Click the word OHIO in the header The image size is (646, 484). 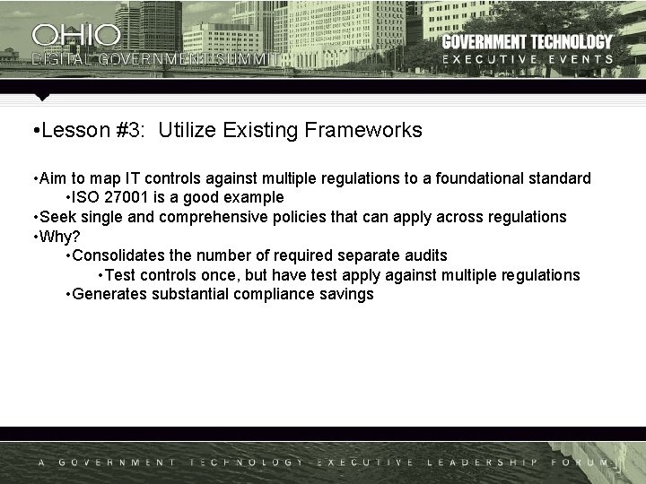coord(76,35)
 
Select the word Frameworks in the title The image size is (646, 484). coord(363,130)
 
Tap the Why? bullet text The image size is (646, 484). coord(59,237)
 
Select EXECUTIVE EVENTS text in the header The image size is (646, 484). coord(528,59)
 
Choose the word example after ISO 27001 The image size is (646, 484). coord(255,197)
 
